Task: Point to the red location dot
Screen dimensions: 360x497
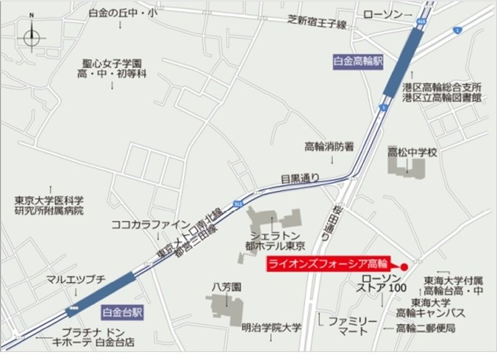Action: point(404,267)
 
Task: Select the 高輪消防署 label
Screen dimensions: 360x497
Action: point(329,147)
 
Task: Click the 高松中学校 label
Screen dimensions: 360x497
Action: point(413,152)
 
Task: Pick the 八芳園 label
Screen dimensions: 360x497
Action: point(226,287)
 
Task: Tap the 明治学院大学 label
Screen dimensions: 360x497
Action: point(271,327)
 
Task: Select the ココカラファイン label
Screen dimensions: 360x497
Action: point(149,224)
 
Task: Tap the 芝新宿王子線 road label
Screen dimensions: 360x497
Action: point(317,23)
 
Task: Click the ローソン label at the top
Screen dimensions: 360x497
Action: point(383,14)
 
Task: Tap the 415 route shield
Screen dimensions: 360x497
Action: point(422,22)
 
